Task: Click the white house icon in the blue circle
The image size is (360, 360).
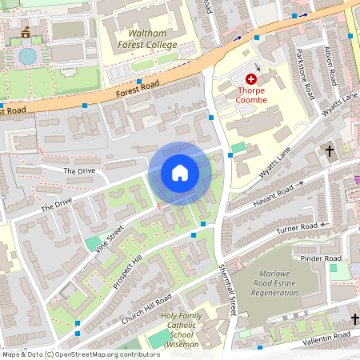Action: point(180,173)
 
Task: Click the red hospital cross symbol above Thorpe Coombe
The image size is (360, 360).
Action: point(251,79)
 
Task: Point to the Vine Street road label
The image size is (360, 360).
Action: point(111,238)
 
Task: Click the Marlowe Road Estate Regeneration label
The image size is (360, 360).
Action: point(286,282)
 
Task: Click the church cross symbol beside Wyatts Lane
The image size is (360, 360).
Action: point(329,150)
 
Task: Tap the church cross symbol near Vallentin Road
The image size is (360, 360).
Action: point(355,319)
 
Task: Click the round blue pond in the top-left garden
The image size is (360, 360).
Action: point(27,56)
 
